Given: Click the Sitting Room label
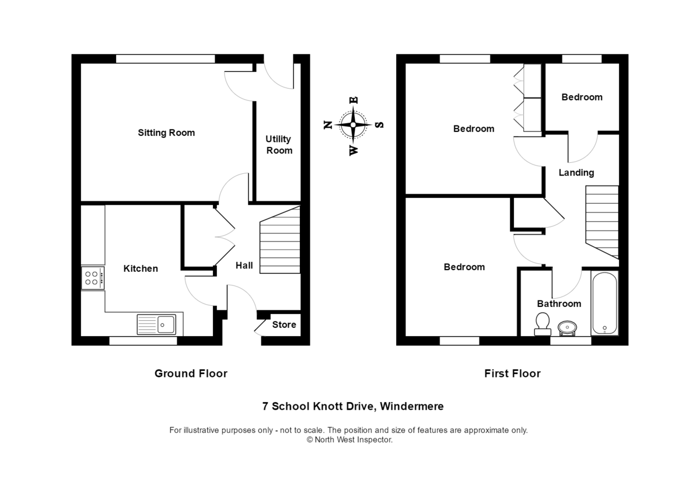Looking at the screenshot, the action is pos(166,132).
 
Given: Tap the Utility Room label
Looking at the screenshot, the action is pos(279,145).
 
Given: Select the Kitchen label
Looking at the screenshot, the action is pos(141,268).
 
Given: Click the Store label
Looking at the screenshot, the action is pos(284,324).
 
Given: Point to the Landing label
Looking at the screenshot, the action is pos(576,172).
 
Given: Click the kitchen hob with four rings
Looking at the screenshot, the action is pos(93,277).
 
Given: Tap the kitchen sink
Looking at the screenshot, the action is pos(156,324).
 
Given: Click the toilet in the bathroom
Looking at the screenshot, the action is pos(542,324).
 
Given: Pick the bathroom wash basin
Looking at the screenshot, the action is pos(567,327).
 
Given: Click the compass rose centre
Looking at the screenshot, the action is pos(353,124).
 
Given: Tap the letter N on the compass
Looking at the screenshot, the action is pos(328,124).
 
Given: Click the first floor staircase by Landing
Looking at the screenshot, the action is pos(601,221).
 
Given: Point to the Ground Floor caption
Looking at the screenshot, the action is pos(191,373).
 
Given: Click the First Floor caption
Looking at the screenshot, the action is pos(512,373).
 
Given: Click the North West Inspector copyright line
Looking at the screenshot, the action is pos(350,440).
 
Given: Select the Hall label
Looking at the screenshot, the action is pos(244,266).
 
